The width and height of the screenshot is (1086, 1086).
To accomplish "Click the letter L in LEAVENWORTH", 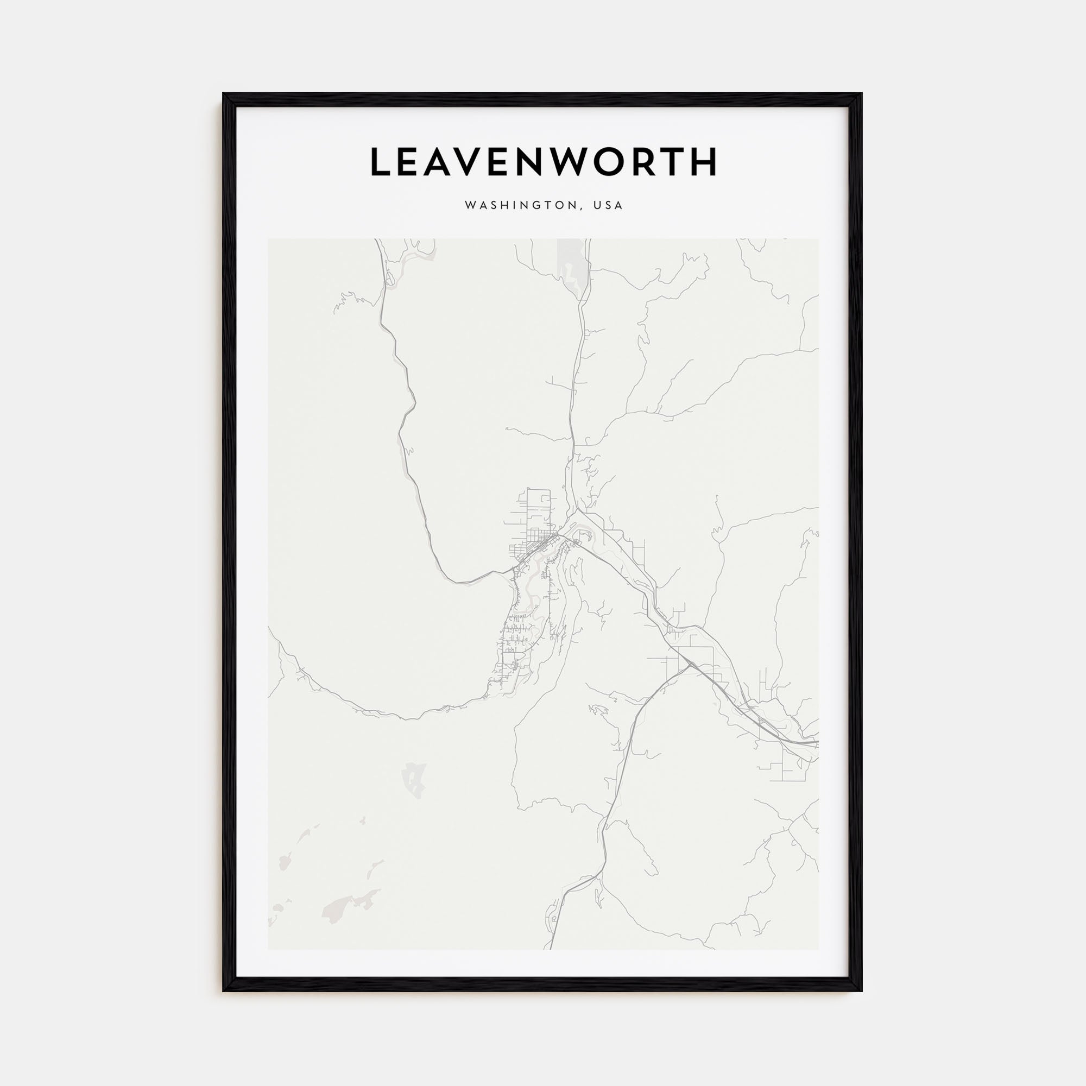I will pyautogui.click(x=381, y=162).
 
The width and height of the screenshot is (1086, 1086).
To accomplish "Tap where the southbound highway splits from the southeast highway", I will pyautogui.click(x=689, y=665).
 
